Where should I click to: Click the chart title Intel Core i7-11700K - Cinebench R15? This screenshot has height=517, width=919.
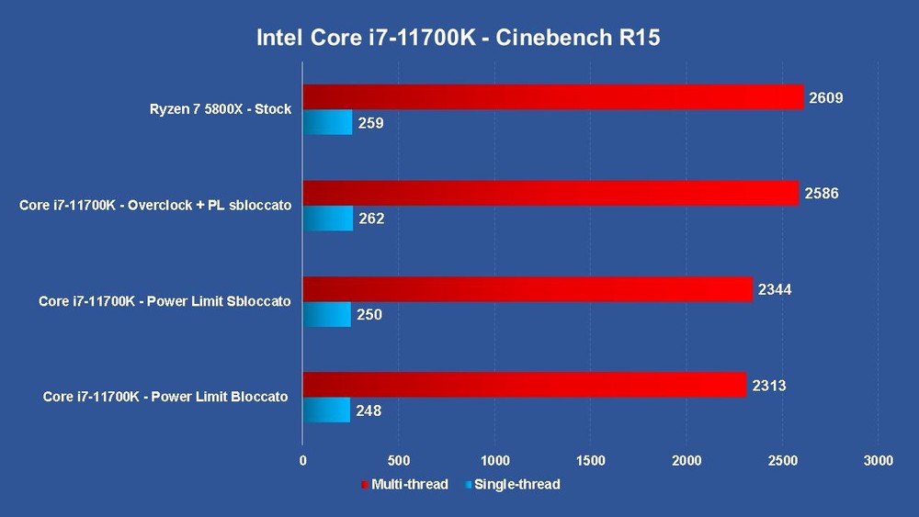[458, 39]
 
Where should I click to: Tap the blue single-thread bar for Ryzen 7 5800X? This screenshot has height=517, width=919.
[327, 122]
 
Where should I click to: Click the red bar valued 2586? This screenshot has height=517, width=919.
[550, 193]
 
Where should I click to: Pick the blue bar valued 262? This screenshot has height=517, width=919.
[327, 219]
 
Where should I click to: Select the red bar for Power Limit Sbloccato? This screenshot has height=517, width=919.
[527, 289]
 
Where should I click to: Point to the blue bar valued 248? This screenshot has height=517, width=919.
[326, 410]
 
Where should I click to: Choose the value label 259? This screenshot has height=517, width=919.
[370, 123]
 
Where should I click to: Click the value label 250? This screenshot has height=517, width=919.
[369, 315]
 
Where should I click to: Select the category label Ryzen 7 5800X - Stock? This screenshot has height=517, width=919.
[221, 109]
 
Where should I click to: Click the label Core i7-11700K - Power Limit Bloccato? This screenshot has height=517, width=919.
[165, 398]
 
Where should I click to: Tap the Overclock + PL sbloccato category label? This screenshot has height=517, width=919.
[155, 206]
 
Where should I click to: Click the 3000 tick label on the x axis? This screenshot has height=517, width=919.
[878, 460]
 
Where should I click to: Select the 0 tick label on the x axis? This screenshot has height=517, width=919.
[303, 460]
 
